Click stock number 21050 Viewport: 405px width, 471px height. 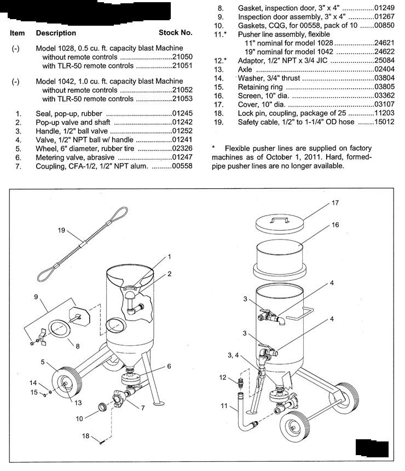point(182,57)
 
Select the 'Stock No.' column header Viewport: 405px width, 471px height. point(176,33)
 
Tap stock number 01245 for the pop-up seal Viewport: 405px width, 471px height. point(182,114)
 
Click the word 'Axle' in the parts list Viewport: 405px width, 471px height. point(245,69)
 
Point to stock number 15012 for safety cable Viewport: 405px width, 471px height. point(384,121)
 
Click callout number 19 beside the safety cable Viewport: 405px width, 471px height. point(61,230)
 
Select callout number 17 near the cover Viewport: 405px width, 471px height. point(335,203)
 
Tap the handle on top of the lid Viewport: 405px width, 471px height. point(280,219)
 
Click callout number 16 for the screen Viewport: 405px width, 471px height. point(335,225)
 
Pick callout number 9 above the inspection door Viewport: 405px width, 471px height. point(36,297)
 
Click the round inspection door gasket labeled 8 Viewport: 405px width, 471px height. point(59,330)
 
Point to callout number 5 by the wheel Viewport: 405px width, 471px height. point(43,362)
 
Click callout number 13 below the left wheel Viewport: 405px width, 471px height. point(78,403)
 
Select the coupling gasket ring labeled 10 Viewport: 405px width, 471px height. point(103,406)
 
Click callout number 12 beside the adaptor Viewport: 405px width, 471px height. point(223,377)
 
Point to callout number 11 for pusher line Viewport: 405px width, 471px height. point(224,405)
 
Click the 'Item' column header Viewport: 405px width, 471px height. point(17,33)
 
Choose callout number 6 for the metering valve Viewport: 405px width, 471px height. point(169,366)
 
